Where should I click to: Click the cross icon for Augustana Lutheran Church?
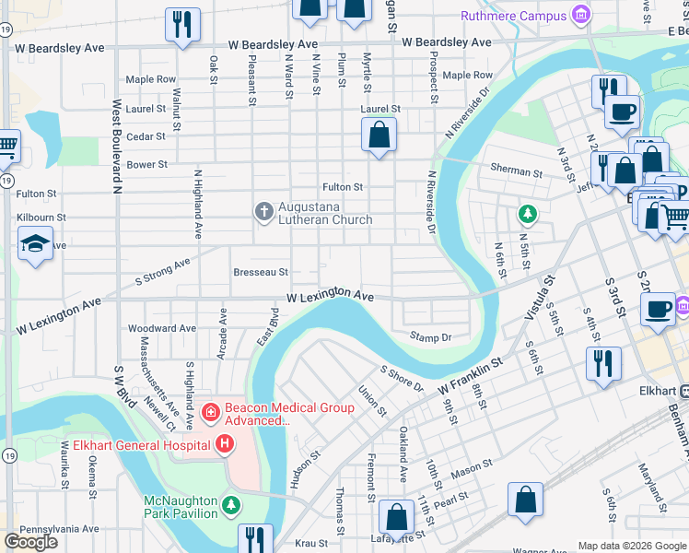tap(263, 212)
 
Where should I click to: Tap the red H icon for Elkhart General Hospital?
tap(224, 445)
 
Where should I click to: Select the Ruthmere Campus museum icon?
tap(580, 16)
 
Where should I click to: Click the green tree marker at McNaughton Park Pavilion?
tap(230, 504)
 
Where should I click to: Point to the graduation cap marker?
tap(35, 244)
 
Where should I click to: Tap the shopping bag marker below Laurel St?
tap(379, 136)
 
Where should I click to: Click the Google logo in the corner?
tap(30, 542)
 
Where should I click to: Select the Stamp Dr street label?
tap(431, 337)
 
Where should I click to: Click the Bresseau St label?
tap(261, 272)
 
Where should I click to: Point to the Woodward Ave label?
tap(162, 328)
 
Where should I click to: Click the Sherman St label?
tap(516, 171)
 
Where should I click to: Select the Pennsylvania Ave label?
tap(59, 529)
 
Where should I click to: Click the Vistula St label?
tap(540, 298)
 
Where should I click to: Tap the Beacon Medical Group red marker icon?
tap(210, 410)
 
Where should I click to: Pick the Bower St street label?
tap(147, 165)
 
